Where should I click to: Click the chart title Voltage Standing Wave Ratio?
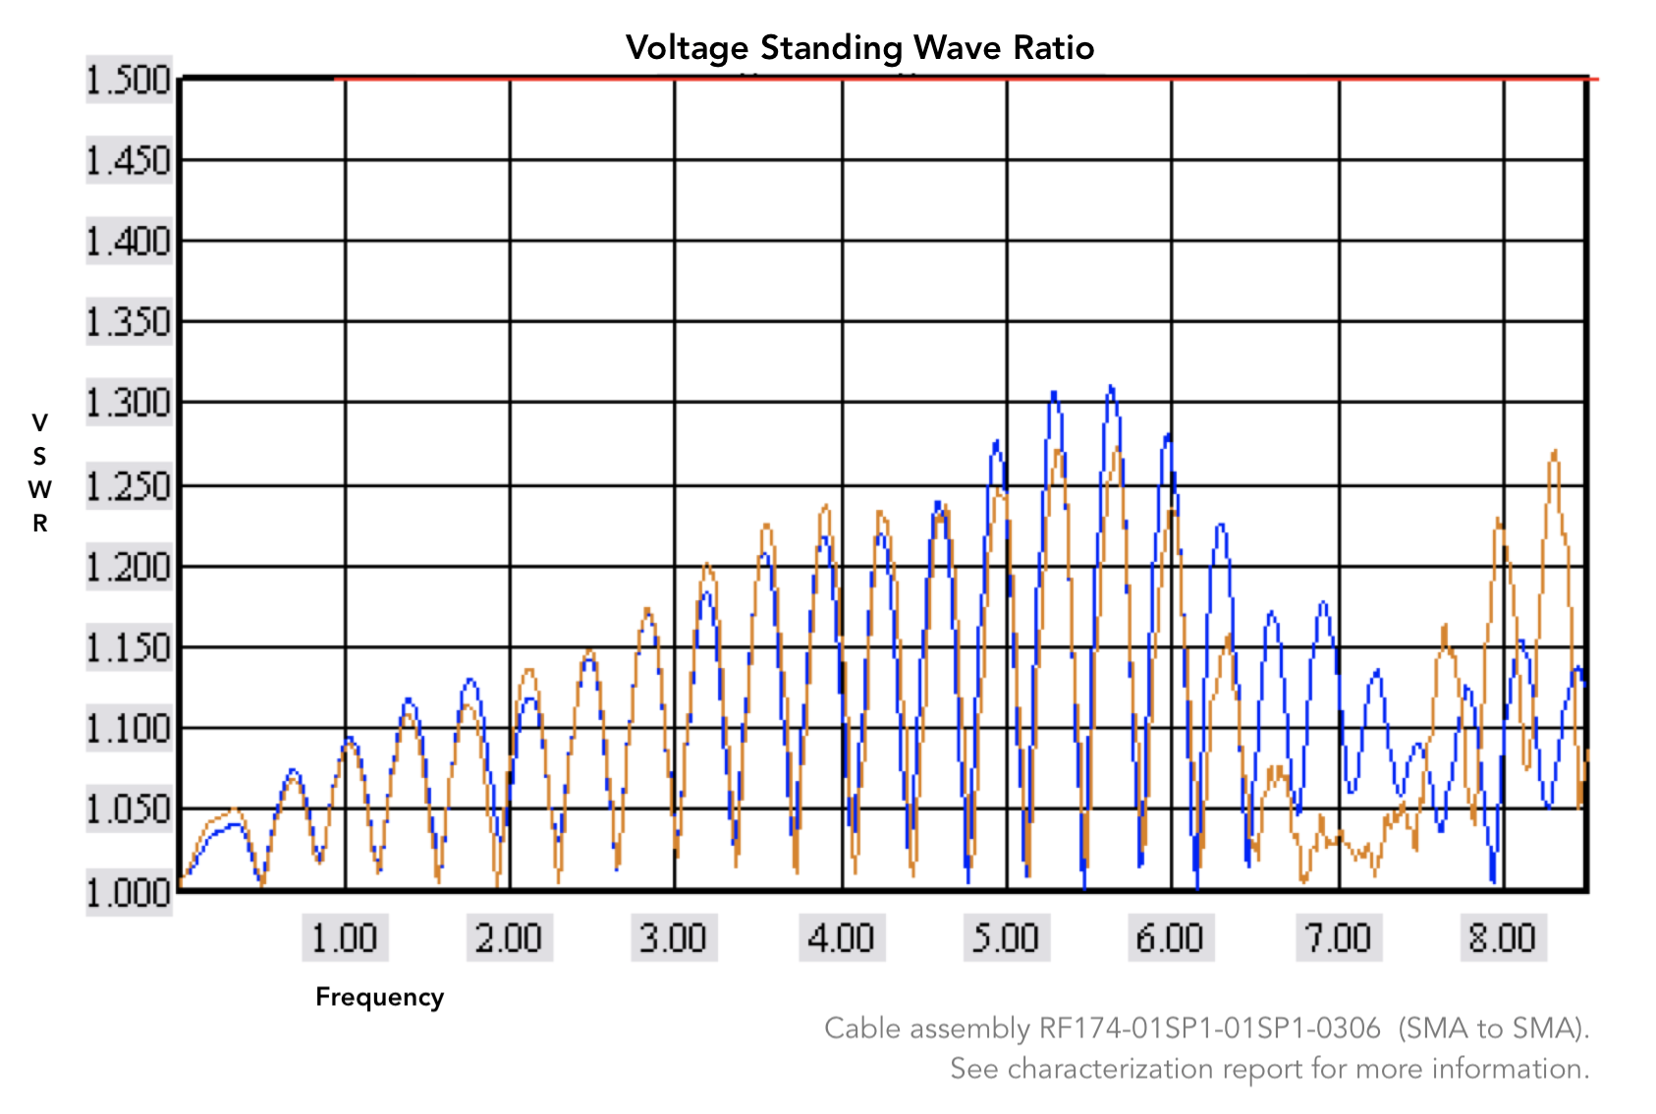coord(859,47)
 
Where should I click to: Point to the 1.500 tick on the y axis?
coord(129,80)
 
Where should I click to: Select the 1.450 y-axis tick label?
coord(129,160)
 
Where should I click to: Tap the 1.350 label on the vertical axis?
coord(129,322)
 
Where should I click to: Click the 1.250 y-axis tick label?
coord(129,485)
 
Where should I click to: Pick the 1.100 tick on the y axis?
coord(129,729)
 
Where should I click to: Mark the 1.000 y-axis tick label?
coord(129,892)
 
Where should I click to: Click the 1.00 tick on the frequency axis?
coord(345,938)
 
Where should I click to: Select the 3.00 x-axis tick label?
coord(674,938)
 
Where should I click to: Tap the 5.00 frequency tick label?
coord(1006,938)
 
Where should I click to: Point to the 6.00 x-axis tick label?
coord(1170,938)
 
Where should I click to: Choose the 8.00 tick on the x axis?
coord(1503,938)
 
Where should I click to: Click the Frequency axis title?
coord(379,997)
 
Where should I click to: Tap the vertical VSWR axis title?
coord(39,473)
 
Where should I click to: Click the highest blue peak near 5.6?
coord(1111,388)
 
